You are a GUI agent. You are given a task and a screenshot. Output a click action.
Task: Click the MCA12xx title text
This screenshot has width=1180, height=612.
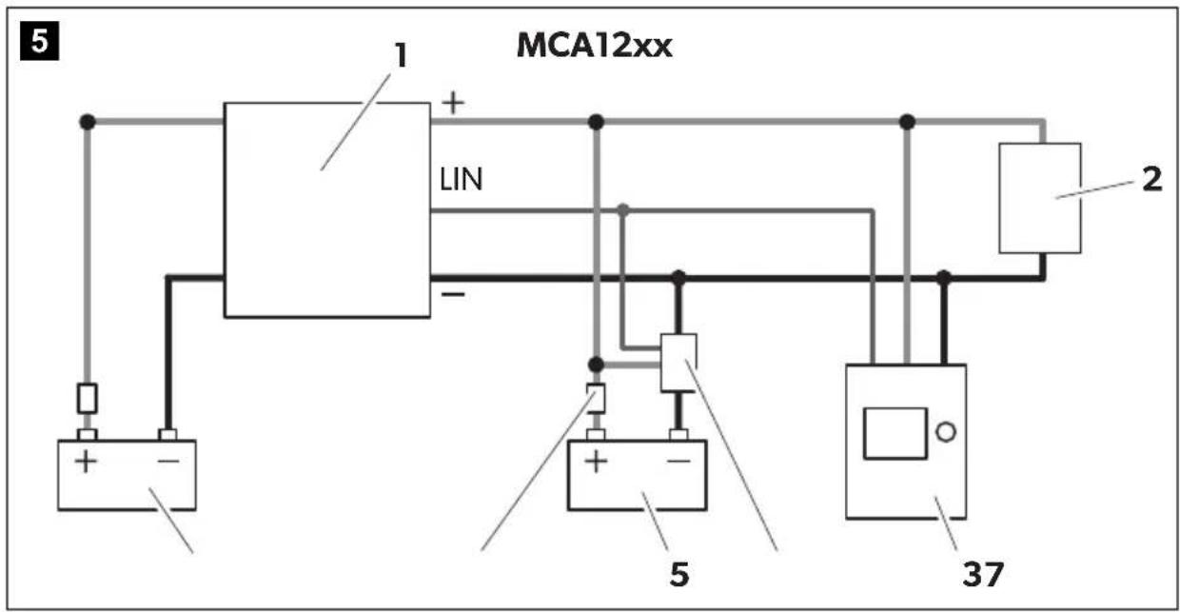coord(594,46)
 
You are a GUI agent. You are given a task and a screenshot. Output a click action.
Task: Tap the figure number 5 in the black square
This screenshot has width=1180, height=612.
coord(40,41)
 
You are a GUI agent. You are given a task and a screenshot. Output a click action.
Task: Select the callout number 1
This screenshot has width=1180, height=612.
coord(402,55)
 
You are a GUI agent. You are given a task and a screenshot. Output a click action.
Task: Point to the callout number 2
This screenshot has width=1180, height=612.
coord(1152,180)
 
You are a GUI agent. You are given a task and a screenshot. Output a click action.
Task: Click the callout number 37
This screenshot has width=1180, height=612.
coord(983,574)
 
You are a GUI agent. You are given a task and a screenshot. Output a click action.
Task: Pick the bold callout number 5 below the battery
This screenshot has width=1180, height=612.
coord(679,574)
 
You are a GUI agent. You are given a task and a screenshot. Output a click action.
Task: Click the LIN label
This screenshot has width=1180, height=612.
coord(461,180)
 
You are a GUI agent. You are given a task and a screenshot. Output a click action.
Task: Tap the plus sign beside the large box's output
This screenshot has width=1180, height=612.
coord(453,103)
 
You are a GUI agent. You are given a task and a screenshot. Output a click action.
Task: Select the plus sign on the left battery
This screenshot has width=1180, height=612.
coord(86,462)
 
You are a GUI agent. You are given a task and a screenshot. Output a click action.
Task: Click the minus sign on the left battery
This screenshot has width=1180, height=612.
coord(168,462)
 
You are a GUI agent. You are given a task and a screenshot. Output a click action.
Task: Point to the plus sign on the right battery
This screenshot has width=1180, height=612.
coord(596,462)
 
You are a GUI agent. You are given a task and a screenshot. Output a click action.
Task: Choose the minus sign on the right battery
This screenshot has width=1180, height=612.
coord(679,462)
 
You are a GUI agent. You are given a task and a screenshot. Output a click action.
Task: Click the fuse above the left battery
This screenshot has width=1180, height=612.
coord(87,399)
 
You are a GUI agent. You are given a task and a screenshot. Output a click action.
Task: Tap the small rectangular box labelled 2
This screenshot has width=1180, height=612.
coord(1040,198)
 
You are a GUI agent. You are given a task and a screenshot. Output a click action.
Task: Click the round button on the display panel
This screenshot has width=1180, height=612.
coord(946,432)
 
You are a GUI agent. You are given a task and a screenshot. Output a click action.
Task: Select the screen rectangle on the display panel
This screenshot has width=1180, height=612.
coord(895,433)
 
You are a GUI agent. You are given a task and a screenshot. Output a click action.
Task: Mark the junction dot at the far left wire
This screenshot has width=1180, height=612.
coord(88,122)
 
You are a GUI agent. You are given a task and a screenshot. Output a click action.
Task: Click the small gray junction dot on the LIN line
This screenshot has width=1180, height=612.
coord(623,210)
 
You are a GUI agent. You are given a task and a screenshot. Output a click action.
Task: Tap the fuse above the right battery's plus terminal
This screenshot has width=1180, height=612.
coord(596,398)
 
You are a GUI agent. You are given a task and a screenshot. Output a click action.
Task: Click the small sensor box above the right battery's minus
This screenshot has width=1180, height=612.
coord(678,363)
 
